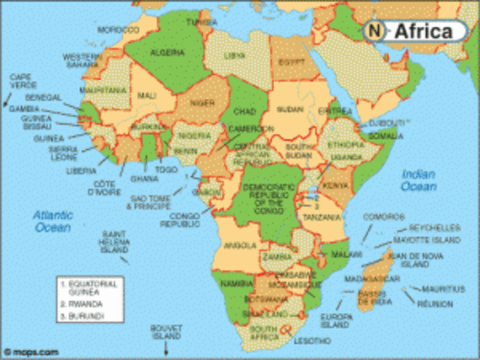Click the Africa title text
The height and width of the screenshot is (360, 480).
pos(423,31)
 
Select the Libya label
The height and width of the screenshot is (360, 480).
pos(235,55)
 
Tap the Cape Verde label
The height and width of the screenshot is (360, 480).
pos(22,80)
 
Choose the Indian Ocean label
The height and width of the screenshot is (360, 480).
pos(418,180)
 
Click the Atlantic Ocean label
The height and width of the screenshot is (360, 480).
pos(52,220)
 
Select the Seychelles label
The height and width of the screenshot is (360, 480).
pos(434,227)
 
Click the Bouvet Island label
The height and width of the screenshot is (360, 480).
pos(166,331)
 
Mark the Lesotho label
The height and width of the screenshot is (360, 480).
pos(312,340)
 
